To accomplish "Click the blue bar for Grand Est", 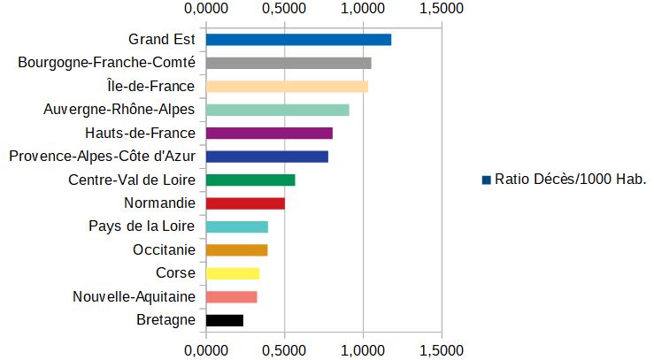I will tap(298, 40).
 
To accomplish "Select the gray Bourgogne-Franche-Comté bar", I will tap(289, 63).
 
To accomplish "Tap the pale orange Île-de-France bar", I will tap(287, 87).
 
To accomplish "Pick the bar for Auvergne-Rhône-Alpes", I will tap(277, 110).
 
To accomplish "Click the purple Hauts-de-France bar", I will tap(269, 134).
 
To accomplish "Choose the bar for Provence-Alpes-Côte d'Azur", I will tap(266, 157).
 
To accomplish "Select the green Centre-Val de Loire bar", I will tap(250, 180).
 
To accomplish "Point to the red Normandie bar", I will tap(245, 203).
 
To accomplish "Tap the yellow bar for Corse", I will tap(232, 273).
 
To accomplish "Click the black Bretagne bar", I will tap(224, 320).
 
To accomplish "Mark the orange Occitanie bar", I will tap(236, 250).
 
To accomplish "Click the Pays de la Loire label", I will tap(142, 226).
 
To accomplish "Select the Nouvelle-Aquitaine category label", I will tap(134, 297).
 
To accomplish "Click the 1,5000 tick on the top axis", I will tap(442, 9).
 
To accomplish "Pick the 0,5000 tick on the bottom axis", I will tap(284, 349).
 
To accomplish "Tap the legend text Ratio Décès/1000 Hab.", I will tap(571, 180).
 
